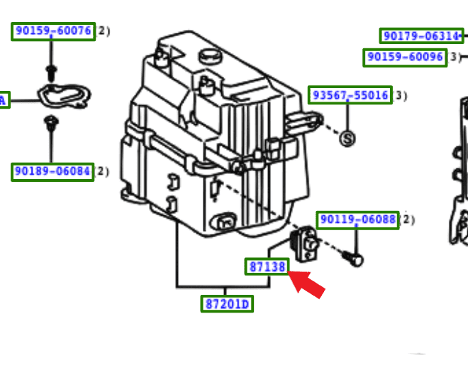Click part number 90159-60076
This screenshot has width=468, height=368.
53,31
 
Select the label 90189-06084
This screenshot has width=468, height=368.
52,171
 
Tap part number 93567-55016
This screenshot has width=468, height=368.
350,95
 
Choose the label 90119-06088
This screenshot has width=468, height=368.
357,220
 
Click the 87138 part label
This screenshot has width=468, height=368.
267,267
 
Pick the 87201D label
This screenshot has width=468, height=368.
227,304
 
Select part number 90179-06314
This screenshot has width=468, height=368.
421,36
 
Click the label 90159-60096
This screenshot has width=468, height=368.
405,57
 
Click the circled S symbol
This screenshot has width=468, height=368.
347,139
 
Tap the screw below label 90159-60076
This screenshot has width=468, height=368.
52,71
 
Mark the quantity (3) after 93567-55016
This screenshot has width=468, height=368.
401,95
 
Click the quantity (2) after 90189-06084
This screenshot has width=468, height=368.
103,171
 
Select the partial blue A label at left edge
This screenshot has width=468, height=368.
3,100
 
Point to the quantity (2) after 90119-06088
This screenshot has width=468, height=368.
407,220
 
